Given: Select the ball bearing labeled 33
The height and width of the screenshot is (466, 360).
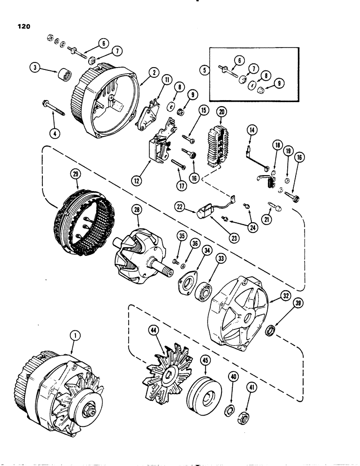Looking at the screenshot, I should (x=203, y=294).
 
